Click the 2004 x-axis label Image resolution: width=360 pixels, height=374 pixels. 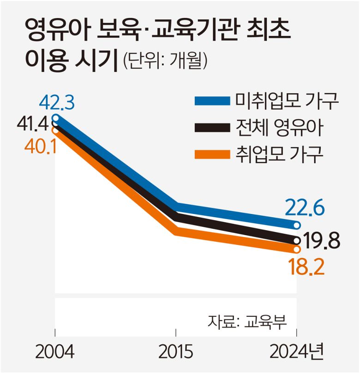pos(55,354)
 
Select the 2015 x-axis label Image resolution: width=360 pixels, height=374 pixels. pos(176,354)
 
